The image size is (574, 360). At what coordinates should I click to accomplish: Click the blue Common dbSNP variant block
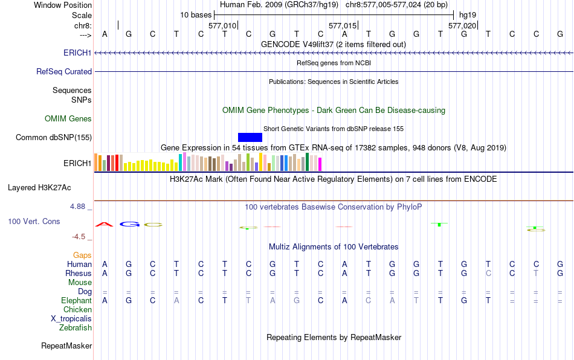(x=250, y=137)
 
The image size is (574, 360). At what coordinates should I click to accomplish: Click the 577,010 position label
(x=222, y=26)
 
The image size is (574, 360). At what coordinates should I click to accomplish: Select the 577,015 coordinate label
(x=343, y=26)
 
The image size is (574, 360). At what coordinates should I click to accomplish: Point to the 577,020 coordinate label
(x=463, y=26)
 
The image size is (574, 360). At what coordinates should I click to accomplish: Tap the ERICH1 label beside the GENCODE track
(x=77, y=53)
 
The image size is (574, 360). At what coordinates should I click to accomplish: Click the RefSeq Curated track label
(x=64, y=71)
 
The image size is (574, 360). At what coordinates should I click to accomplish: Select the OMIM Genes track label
(x=68, y=118)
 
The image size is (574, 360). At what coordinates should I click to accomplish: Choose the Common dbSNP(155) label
(x=54, y=137)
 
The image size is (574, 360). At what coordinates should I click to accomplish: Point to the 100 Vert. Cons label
(x=34, y=222)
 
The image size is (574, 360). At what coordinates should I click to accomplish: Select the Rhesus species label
(x=79, y=273)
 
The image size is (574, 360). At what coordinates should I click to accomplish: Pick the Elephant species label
(x=76, y=300)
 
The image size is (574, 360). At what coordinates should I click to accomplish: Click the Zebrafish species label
(x=76, y=328)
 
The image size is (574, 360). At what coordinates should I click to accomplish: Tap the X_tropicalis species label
(x=71, y=319)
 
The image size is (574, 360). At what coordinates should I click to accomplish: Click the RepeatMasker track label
(x=66, y=346)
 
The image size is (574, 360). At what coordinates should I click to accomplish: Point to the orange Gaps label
(x=82, y=256)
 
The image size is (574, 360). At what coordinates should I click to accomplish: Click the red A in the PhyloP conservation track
(x=105, y=224)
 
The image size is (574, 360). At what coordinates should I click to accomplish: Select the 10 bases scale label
(x=196, y=14)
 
